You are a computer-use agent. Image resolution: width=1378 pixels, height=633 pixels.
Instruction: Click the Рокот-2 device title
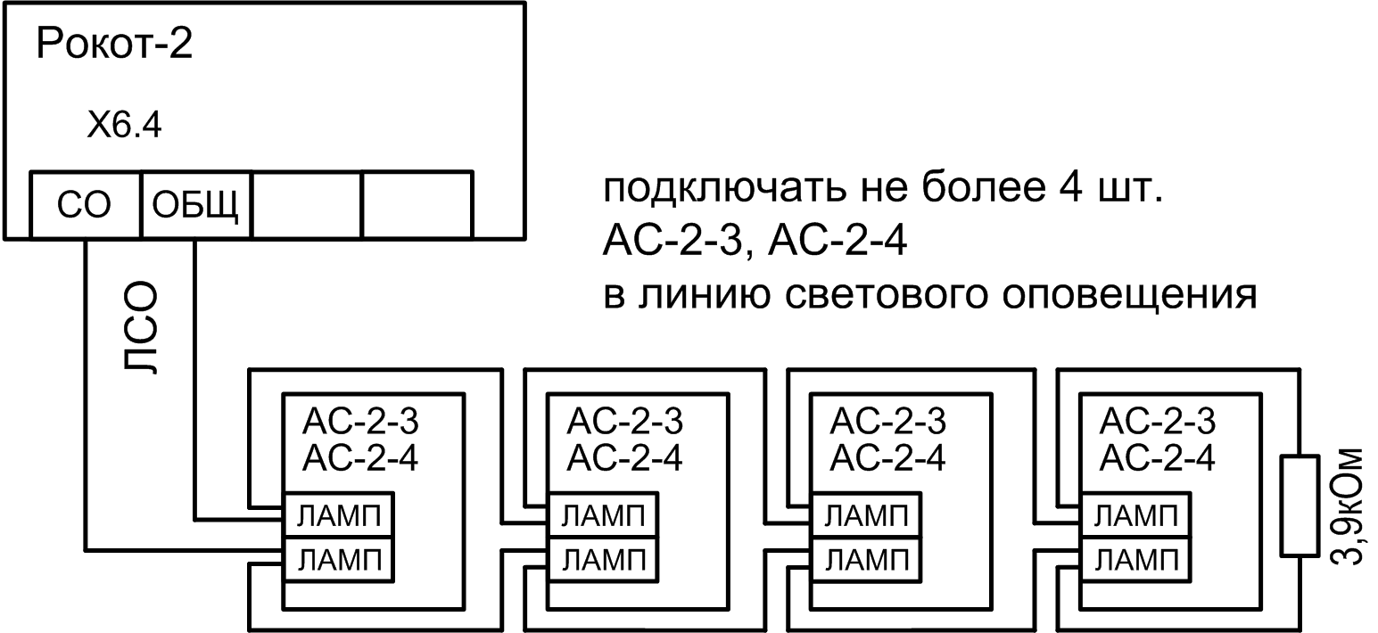pyautogui.click(x=113, y=45)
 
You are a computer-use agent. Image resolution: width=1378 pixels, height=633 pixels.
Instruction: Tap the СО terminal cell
pyautogui.click(x=85, y=205)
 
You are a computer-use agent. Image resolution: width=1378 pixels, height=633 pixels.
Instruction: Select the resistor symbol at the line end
pyautogui.click(x=1299, y=506)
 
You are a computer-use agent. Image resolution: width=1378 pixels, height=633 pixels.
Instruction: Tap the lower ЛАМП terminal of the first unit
pyautogui.click(x=337, y=559)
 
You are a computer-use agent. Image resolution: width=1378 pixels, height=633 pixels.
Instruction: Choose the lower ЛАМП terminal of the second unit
pyautogui.click(x=600, y=559)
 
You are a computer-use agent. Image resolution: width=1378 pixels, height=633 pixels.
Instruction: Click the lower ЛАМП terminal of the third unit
pyautogui.click(x=862, y=559)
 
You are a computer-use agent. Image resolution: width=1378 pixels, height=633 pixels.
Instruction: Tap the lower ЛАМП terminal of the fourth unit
pyautogui.click(x=1134, y=559)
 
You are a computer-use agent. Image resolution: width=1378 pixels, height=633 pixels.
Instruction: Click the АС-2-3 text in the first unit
pyautogui.click(x=362, y=420)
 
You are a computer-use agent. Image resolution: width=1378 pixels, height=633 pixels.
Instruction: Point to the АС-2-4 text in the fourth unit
pyautogui.click(x=1158, y=458)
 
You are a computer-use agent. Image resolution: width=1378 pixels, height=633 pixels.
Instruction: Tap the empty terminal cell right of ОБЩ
pyautogui.click(x=307, y=205)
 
